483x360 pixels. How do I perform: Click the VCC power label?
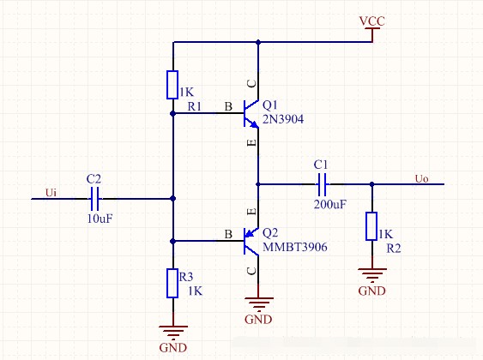pos(372,21)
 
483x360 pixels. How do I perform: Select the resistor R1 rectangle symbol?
pos(172,85)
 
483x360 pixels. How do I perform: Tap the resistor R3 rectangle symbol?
pos(172,283)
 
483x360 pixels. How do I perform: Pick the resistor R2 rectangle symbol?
pos(371,226)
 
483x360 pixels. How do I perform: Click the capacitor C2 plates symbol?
pos(94,199)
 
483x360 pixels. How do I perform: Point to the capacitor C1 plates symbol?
pos(322,184)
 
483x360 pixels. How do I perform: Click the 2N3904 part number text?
pos(283,119)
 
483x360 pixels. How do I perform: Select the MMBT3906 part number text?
pos(295,247)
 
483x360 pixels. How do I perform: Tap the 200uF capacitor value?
pos(330,204)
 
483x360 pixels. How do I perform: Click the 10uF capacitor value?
pos(100,219)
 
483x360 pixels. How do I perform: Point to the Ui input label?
pos(51,193)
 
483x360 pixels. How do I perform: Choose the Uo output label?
pos(421,178)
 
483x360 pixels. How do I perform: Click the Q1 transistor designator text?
pos(270,105)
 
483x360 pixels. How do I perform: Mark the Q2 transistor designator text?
pos(270,233)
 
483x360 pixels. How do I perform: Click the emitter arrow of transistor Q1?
pos(254,124)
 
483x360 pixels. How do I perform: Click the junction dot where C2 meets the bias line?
pos(172,199)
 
